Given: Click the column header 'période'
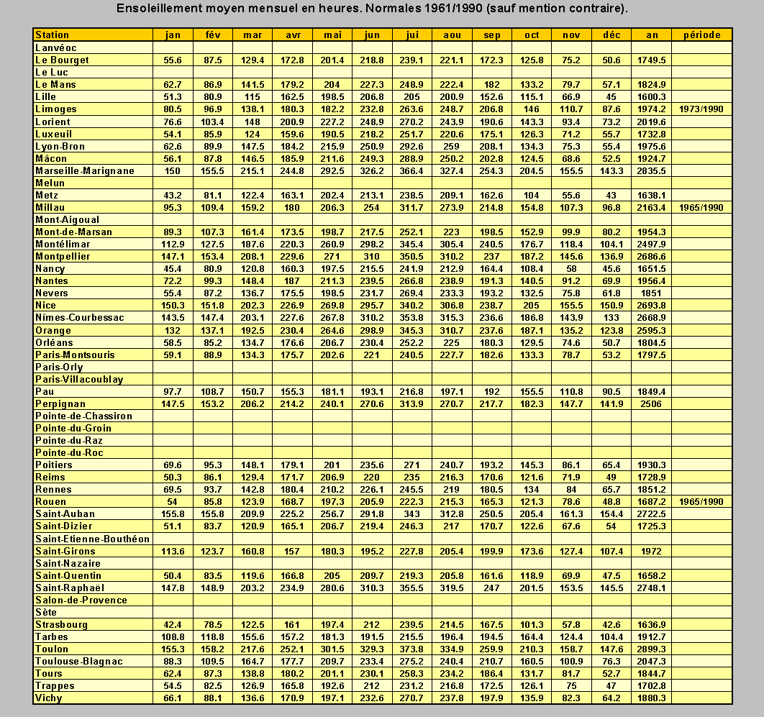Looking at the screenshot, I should pos(701,35).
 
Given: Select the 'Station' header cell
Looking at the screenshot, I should pos(53,35).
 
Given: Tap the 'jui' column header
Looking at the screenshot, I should pos(412,35).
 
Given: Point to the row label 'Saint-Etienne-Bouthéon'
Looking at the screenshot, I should pos(92,539).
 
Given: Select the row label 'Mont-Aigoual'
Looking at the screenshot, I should pos(67,220).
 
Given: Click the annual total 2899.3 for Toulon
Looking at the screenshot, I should pos(651,649).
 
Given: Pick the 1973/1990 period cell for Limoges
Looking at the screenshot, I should pos(701,109).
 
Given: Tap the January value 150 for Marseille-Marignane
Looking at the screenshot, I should pos(173,171).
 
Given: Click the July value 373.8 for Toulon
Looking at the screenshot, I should pos(412,649).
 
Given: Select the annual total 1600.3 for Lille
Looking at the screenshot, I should pos(651,97).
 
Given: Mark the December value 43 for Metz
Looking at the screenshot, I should pos(611,196).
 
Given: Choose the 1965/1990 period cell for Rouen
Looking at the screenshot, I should pos(701,502).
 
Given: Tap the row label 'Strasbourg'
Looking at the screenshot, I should pos(62,624).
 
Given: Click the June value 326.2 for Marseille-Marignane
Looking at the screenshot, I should pos(373,171).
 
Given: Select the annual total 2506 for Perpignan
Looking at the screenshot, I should pos(651,404).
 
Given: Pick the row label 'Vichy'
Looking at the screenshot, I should pos(49,698).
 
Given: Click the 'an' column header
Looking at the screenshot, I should pos(651,35).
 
